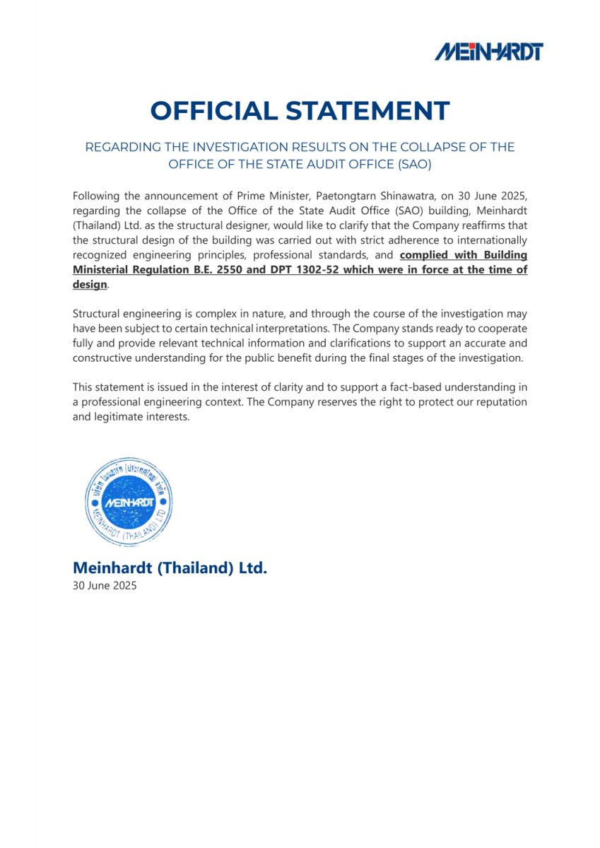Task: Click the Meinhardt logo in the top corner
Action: [x=488, y=51]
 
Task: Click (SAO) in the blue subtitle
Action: [x=413, y=165]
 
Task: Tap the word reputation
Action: [x=499, y=402]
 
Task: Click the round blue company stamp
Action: [x=128, y=501]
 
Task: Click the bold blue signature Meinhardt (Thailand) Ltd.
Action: [x=170, y=567]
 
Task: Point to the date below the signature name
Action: [x=105, y=586]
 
